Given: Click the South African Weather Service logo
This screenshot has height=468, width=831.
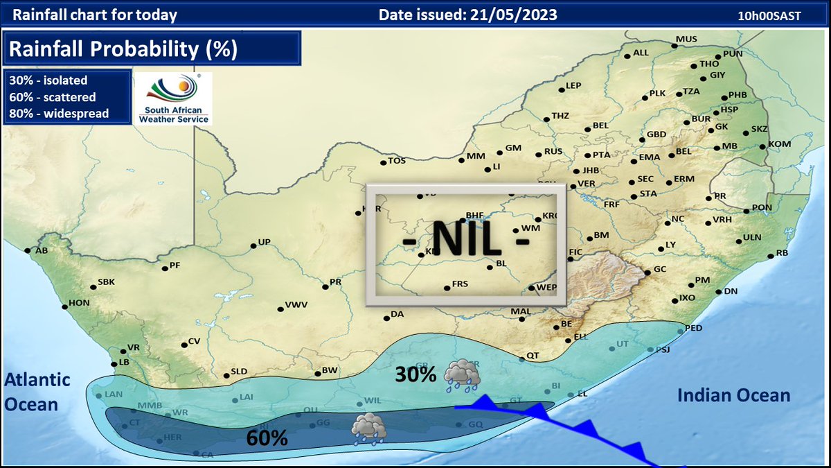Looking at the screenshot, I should [x=172, y=98].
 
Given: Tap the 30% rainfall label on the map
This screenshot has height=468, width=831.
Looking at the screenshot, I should [x=415, y=374].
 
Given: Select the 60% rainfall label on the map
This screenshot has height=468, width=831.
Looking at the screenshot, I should [x=267, y=438].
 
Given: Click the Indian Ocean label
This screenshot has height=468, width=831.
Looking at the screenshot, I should [x=733, y=395].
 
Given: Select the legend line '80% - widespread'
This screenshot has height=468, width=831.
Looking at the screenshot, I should [x=59, y=113].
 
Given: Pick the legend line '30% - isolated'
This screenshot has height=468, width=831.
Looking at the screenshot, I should [x=48, y=80].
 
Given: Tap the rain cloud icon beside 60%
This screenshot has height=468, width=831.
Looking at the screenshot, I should [x=368, y=428].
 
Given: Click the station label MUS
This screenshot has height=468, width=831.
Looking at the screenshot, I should [x=686, y=39].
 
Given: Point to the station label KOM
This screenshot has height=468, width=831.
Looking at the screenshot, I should [x=779, y=144].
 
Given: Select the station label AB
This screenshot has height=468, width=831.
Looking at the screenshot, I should [x=41, y=250].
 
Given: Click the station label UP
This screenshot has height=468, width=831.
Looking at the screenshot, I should [x=263, y=242].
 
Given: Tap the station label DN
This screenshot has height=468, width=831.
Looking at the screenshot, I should [x=731, y=291].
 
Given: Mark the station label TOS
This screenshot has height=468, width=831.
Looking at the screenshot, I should [x=396, y=161].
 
